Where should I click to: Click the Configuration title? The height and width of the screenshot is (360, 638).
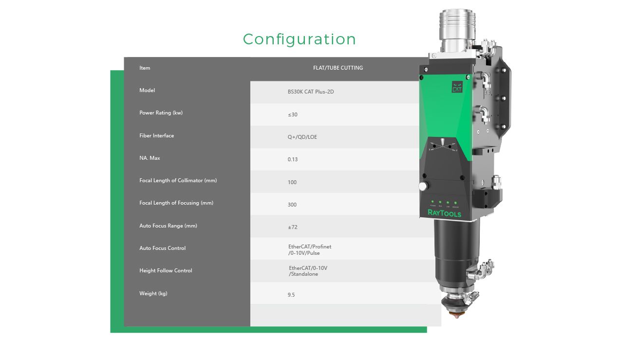299,39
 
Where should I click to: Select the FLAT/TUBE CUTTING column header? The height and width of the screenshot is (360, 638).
338,68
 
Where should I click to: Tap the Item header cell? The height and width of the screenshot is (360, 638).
145,68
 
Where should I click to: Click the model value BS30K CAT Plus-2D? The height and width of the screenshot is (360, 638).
311,92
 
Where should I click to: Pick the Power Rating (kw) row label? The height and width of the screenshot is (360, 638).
161,113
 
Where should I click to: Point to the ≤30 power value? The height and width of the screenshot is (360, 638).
293,114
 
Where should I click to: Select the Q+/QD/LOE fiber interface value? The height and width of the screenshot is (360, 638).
302,137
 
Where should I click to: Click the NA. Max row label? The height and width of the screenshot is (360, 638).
150,158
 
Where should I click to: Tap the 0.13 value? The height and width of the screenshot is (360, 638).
293,159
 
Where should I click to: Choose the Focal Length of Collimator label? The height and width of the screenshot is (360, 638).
178,181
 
